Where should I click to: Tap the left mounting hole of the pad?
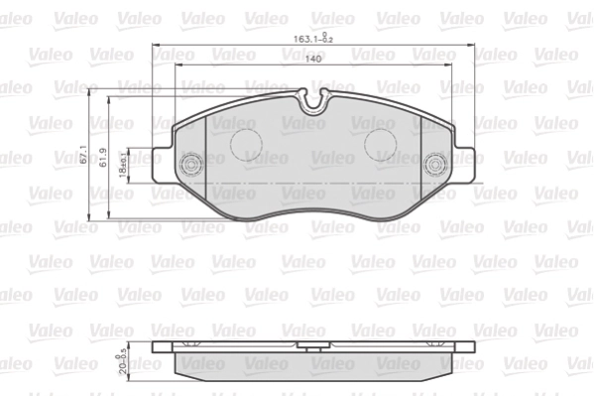189,165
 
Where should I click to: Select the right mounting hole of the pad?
433,165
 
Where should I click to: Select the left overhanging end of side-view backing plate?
166,350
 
